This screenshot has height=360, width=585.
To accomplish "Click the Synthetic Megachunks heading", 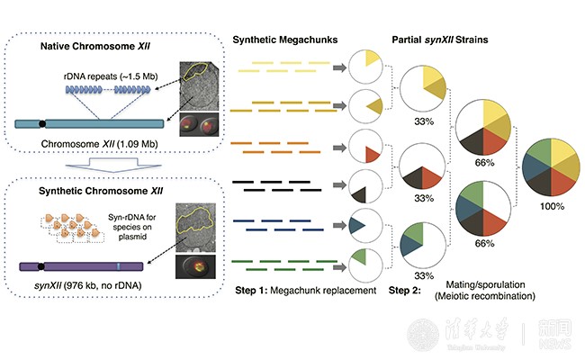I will pos(283,41).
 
